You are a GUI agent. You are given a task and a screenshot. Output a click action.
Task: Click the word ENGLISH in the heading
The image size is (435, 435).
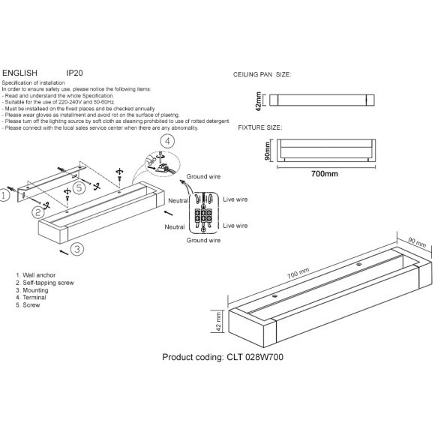20,73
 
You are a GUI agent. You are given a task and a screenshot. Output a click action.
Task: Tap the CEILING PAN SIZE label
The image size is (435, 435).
263,76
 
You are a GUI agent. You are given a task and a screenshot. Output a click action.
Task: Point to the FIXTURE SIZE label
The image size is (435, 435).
259,128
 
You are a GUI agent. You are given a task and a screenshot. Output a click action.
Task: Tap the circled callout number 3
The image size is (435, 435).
77,248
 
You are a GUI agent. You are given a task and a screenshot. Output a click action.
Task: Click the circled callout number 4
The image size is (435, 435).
168,141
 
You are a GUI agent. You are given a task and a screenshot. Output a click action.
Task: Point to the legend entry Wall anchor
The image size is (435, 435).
38,276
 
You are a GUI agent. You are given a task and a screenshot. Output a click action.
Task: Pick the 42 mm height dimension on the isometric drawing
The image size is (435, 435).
217,322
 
